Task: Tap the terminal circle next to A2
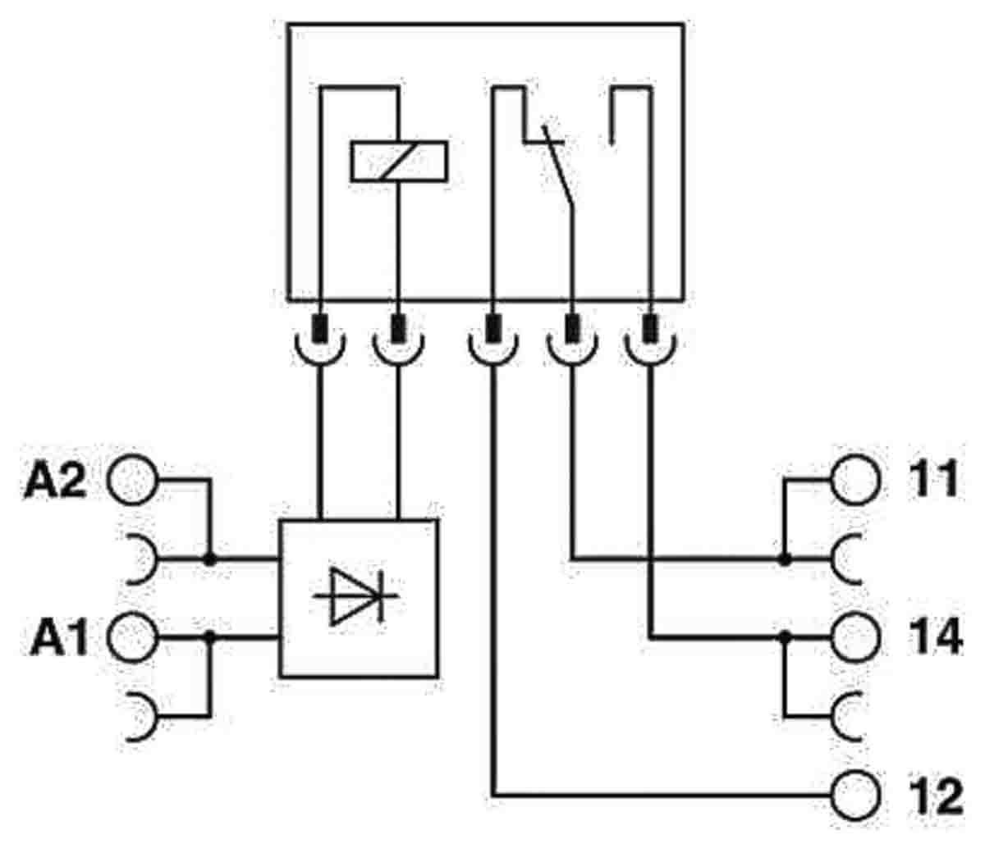tap(132, 480)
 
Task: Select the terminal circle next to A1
tap(132, 637)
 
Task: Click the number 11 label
tap(934, 479)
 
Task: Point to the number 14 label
tap(936, 636)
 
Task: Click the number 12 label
tap(936, 796)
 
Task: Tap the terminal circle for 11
tap(856, 480)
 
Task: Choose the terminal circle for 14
tap(856, 637)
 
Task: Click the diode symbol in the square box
tap(356, 595)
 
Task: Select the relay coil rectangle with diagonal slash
tap(399, 162)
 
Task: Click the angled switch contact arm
tap(557, 166)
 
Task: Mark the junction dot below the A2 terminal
tap(209, 559)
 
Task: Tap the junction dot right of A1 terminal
tap(209, 636)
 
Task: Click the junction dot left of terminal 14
tap(785, 636)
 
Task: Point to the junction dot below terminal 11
tap(785, 559)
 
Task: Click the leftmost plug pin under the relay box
tap(320, 329)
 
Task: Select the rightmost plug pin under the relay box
tap(650, 329)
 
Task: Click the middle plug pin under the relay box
tap(493, 329)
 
